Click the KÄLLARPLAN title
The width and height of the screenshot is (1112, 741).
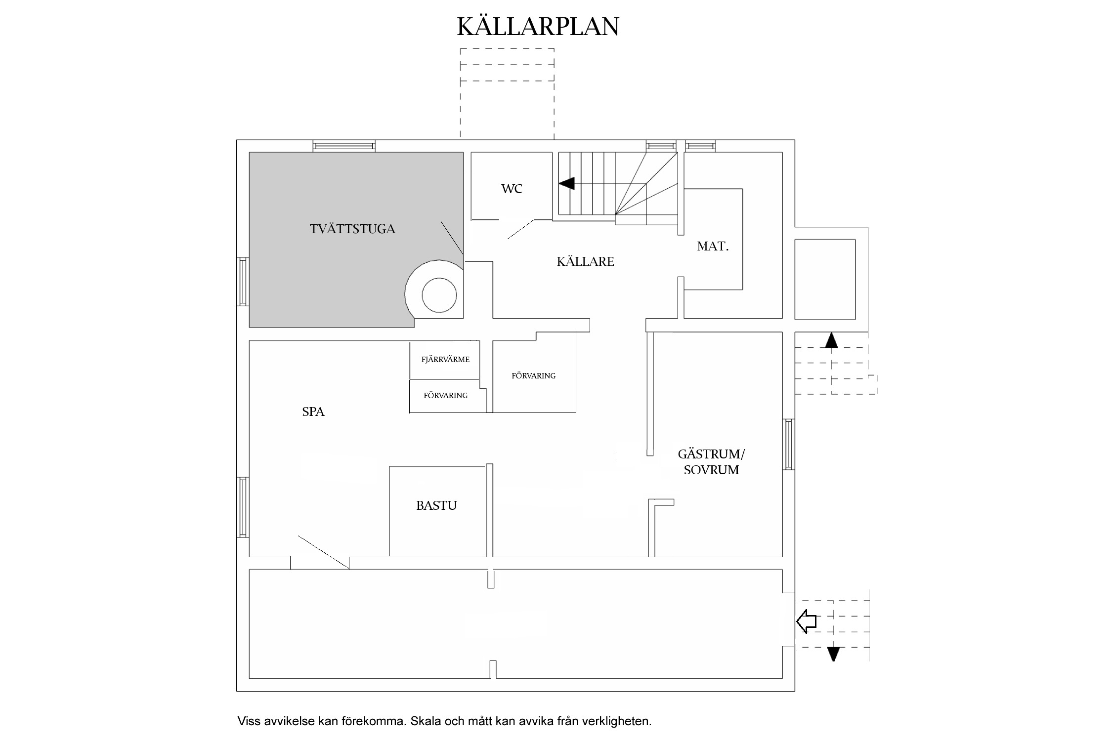click(x=538, y=27)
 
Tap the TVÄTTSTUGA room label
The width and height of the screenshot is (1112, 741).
click(x=352, y=229)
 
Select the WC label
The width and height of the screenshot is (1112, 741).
click(x=512, y=189)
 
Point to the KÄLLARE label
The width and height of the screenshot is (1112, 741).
click(x=585, y=262)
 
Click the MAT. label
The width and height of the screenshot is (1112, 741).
click(x=713, y=247)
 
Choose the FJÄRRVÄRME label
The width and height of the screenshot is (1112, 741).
click(x=445, y=360)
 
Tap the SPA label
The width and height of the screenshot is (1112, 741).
click(x=313, y=412)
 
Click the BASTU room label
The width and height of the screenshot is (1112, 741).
click(x=436, y=505)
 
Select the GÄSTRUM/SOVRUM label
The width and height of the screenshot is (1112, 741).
click(x=711, y=462)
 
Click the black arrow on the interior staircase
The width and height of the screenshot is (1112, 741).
click(x=567, y=183)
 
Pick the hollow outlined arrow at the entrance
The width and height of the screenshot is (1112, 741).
click(x=806, y=621)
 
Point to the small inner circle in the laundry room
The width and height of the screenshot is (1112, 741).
click(x=439, y=295)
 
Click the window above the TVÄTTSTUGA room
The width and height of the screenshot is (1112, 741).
click(x=344, y=146)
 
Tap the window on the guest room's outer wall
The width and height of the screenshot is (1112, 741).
click(x=788, y=444)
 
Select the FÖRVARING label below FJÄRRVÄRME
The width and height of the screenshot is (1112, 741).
click(x=445, y=396)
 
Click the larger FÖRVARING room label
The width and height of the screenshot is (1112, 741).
click(x=533, y=376)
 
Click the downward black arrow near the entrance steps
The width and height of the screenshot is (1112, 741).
click(x=833, y=654)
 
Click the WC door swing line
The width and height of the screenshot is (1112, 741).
click(x=520, y=230)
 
